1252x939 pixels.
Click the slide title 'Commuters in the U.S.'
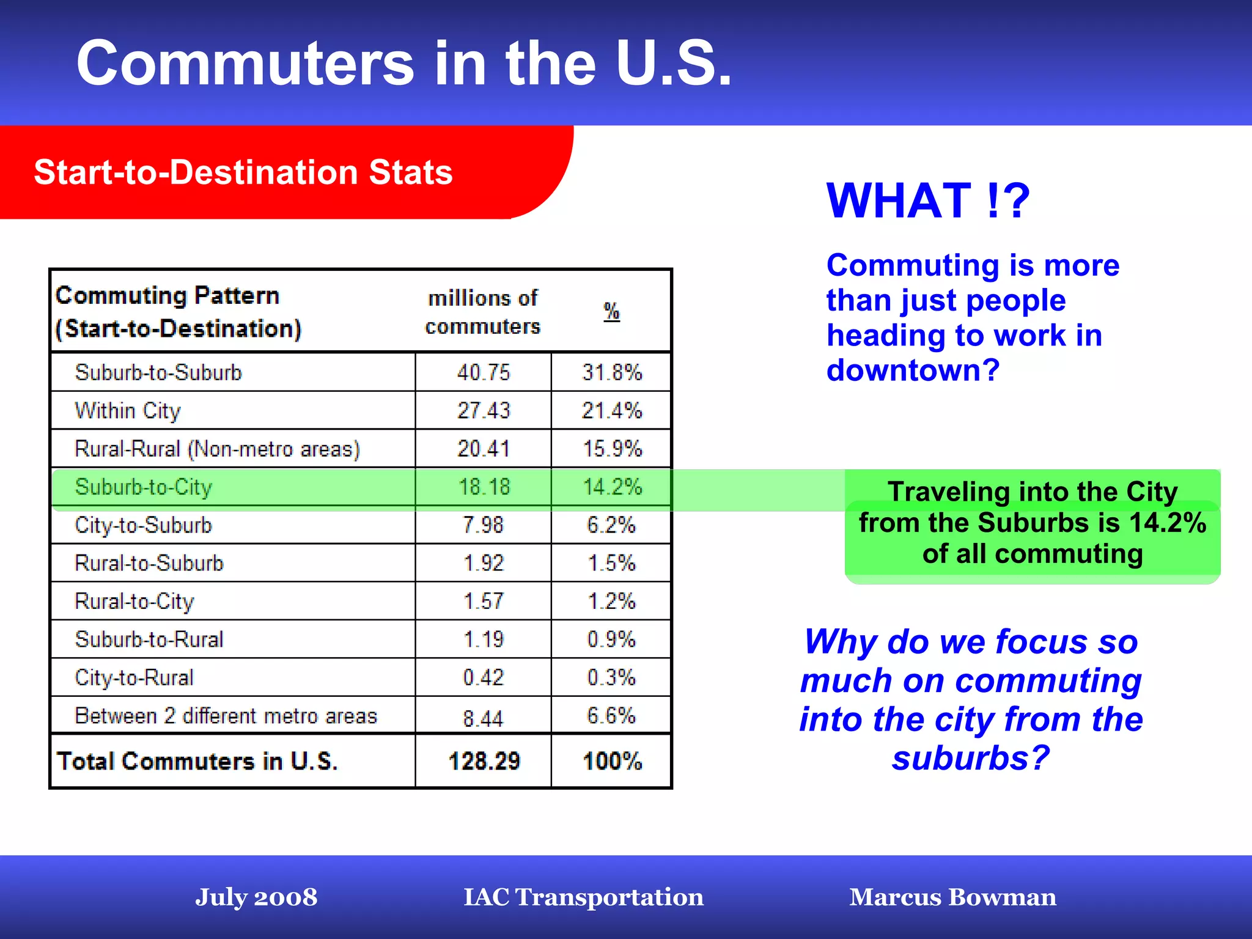point(403,64)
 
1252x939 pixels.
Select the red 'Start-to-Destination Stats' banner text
point(243,172)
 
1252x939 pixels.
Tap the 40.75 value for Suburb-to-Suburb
point(483,372)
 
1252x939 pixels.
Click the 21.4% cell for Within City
point(611,410)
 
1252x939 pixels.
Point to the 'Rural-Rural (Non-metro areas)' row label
point(217,449)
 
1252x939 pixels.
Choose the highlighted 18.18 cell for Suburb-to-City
point(484,487)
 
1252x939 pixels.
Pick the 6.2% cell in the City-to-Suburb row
point(611,525)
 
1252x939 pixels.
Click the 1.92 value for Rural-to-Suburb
point(483,563)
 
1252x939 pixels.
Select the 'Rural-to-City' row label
point(134,602)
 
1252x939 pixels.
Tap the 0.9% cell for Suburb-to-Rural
point(611,639)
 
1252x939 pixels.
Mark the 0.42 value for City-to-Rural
point(483,677)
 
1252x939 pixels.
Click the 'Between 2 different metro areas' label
point(226,716)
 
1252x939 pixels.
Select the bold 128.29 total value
point(484,762)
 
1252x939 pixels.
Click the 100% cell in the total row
point(612,762)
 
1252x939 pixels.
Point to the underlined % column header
point(611,312)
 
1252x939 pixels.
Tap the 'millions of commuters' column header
point(482,312)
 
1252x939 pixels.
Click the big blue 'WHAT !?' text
point(928,201)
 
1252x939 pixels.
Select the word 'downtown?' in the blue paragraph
point(913,370)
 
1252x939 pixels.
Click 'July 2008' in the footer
point(256,897)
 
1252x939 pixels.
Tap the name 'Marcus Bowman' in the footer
point(952,897)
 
